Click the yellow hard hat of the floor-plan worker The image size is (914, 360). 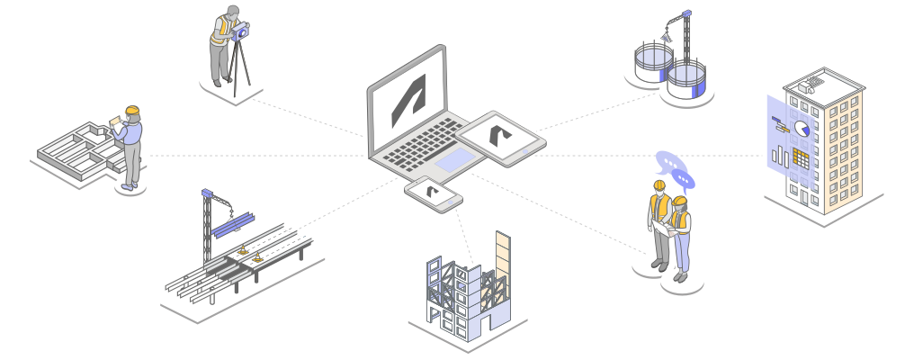tap(132, 111)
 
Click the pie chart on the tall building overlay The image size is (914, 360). tap(800, 130)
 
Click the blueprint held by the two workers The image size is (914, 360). tap(666, 228)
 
